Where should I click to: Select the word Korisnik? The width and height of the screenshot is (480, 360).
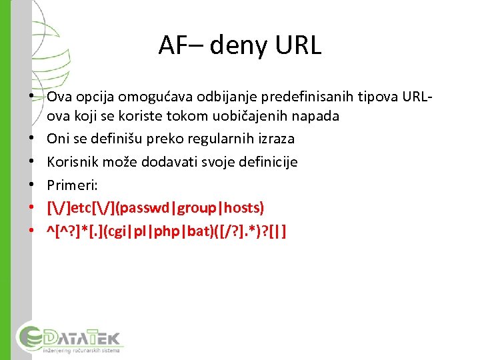[x=72, y=162]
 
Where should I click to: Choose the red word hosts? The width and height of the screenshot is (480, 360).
[x=242, y=208]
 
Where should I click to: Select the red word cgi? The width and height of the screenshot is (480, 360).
[x=121, y=231]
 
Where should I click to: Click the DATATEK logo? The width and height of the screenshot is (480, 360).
[x=69, y=337]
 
